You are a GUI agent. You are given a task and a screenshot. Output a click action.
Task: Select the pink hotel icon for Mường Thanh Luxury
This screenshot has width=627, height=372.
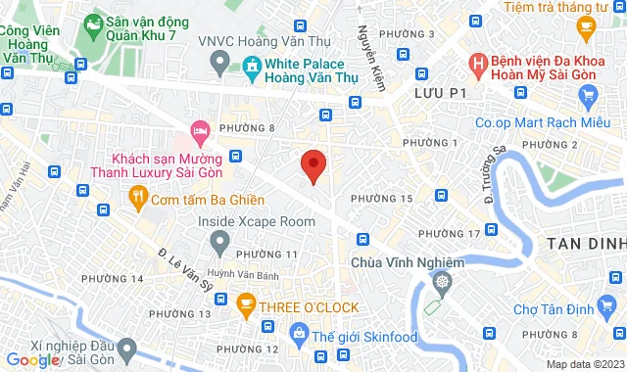click(200, 129)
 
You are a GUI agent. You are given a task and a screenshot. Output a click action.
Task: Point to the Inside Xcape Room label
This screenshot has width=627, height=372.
click(257, 222)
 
